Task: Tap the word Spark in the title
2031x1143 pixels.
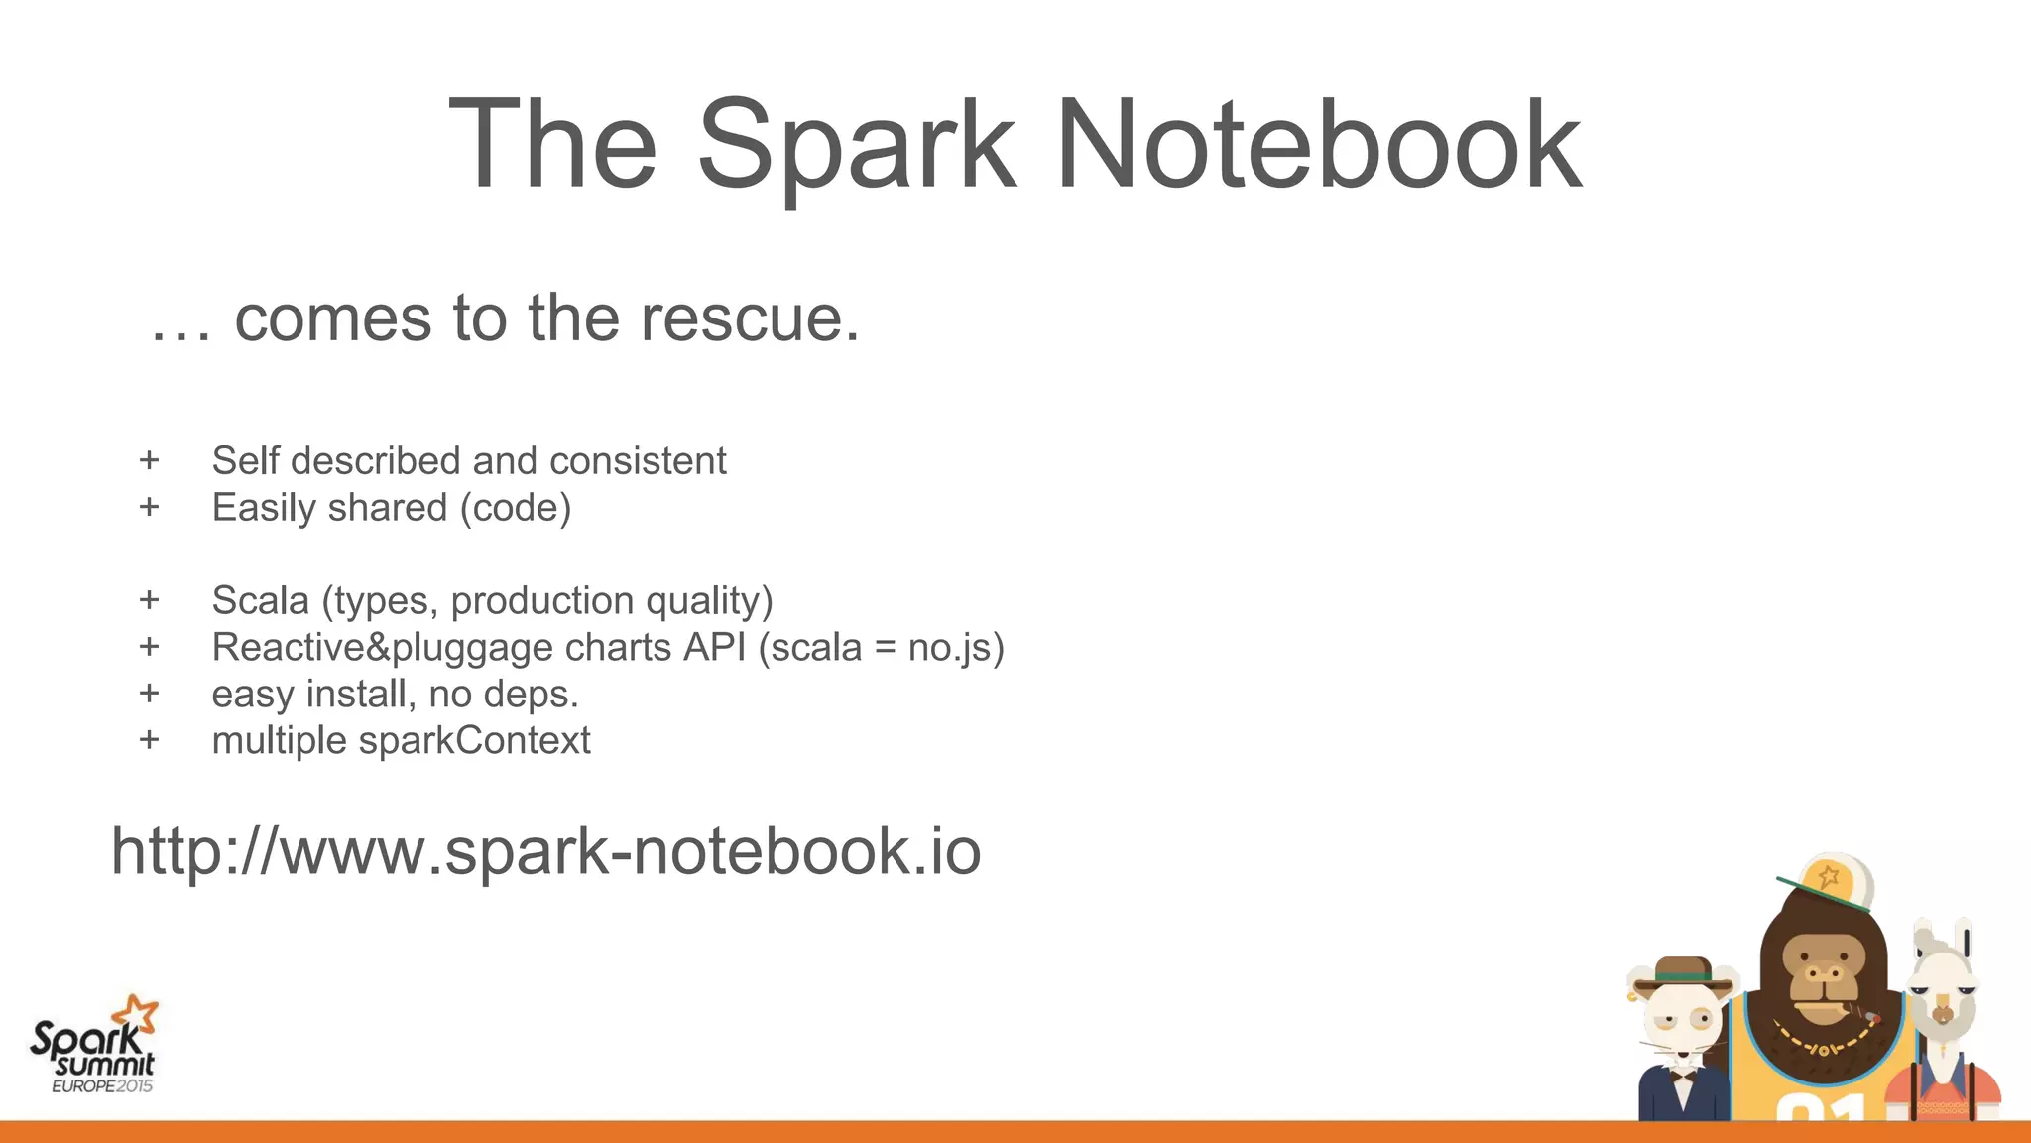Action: [x=858, y=147]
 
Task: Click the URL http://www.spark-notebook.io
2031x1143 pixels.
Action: [x=545, y=851]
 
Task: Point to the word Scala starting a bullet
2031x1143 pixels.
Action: [x=260, y=600]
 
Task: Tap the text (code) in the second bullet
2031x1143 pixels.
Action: [x=516, y=508]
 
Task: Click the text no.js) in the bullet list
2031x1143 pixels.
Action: [x=956, y=648]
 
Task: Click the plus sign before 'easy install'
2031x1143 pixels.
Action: [x=150, y=693]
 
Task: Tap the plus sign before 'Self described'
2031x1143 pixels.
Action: [x=150, y=460]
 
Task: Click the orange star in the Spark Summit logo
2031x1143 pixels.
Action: [x=136, y=1014]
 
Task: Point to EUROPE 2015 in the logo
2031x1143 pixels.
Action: [x=102, y=1085]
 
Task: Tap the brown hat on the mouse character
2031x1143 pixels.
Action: [x=1683, y=972]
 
